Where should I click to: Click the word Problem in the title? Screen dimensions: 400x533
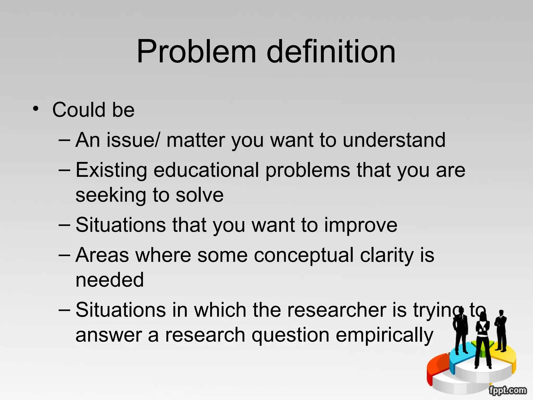[x=196, y=51]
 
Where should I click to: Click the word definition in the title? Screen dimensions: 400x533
[x=331, y=51]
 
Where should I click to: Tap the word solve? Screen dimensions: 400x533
[x=199, y=195]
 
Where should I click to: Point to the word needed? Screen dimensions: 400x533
[x=110, y=280]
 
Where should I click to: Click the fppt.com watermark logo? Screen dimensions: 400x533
[x=507, y=390]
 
